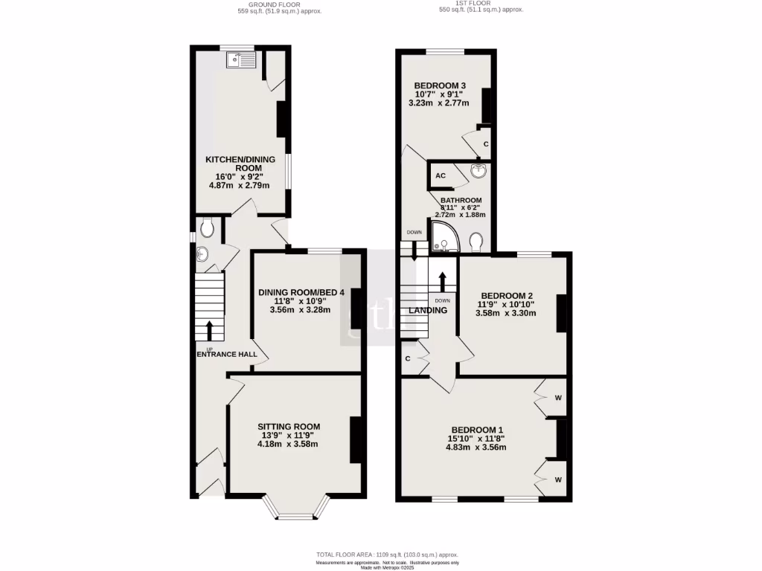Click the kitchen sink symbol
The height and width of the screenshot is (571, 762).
pyautogui.click(x=241, y=60)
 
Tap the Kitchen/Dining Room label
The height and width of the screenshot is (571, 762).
pyautogui.click(x=240, y=164)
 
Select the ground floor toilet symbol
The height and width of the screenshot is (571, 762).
pyautogui.click(x=208, y=228)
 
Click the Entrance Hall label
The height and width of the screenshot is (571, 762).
pyautogui.click(x=227, y=354)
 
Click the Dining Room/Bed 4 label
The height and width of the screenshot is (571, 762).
pyautogui.click(x=301, y=292)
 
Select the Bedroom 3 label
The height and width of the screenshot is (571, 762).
pyautogui.click(x=440, y=86)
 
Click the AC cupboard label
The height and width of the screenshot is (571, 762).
pyautogui.click(x=440, y=176)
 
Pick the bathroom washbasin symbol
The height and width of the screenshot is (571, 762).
pyautogui.click(x=478, y=172)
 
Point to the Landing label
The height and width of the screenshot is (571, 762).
pyautogui.click(x=428, y=311)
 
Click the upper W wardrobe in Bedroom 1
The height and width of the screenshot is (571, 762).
pyautogui.click(x=557, y=397)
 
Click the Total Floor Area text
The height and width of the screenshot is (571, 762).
pyautogui.click(x=387, y=555)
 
